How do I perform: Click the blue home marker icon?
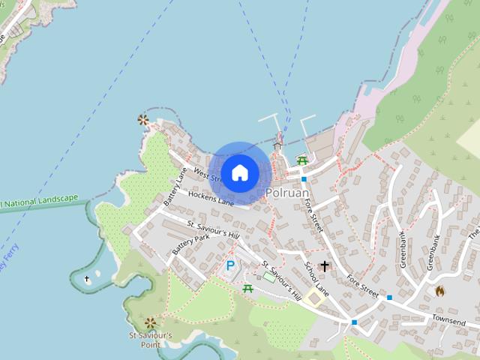tap(240, 173)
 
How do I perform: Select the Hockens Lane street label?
tap(211, 199)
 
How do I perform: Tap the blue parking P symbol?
tap(230, 265)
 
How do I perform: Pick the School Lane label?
tap(316, 277)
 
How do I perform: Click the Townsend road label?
tap(448, 320)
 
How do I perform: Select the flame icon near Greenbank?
tap(440, 290)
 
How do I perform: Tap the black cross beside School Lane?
tap(324, 265)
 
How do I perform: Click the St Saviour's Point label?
tap(150, 340)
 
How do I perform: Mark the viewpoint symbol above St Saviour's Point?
tap(151, 322)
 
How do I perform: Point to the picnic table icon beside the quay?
tap(302, 160)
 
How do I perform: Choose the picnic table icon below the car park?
tap(248, 288)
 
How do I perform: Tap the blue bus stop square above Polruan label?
tap(303, 179)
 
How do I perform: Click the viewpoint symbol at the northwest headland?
tap(142, 119)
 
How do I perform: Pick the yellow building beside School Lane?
tap(314, 298)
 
